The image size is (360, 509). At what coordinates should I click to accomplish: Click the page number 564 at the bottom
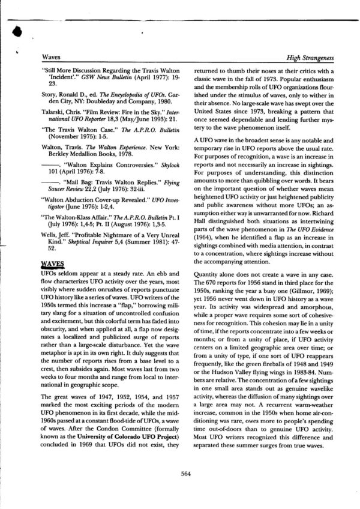[x=185, y=473]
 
